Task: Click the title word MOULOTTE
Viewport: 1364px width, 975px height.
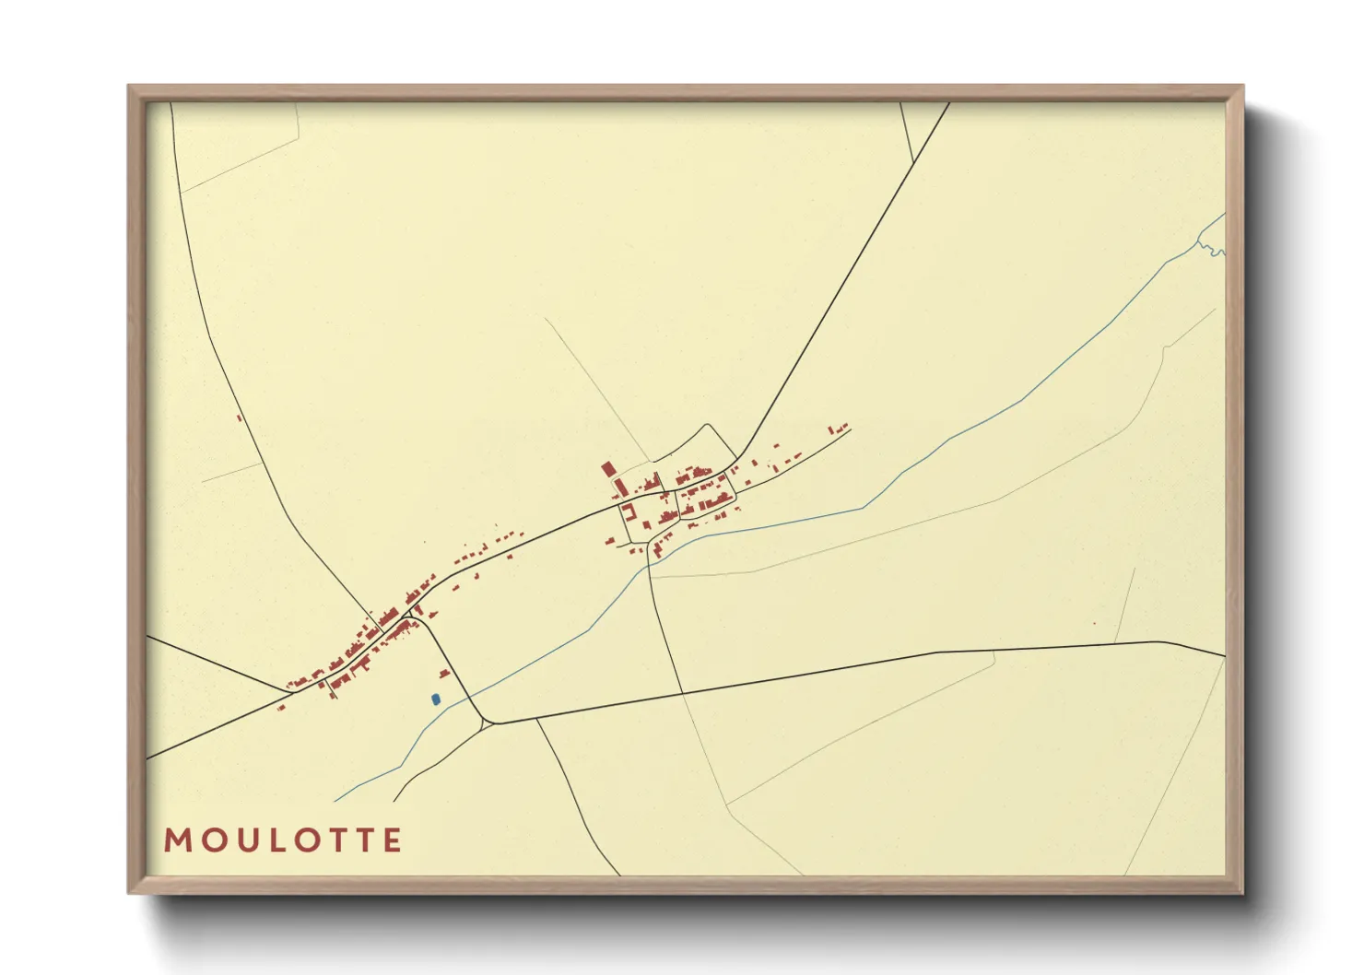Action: [x=283, y=840]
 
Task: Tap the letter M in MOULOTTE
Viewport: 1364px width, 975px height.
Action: [x=176, y=840]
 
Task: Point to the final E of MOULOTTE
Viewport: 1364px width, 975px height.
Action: [x=393, y=840]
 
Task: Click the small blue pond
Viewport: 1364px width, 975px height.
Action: [x=435, y=700]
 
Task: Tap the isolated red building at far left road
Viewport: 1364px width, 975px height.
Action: [x=239, y=418]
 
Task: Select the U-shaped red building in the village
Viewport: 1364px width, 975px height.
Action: [x=628, y=512]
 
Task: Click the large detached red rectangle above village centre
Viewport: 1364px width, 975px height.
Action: [x=607, y=469]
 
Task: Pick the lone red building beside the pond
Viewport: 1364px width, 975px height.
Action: [x=444, y=675]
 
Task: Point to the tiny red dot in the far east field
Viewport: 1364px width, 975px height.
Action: [x=1094, y=624]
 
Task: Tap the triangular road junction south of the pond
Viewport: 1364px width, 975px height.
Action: [x=489, y=722]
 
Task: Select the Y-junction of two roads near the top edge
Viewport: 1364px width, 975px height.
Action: [x=913, y=163]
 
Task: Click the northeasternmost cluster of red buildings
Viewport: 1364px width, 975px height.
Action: [x=838, y=428]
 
